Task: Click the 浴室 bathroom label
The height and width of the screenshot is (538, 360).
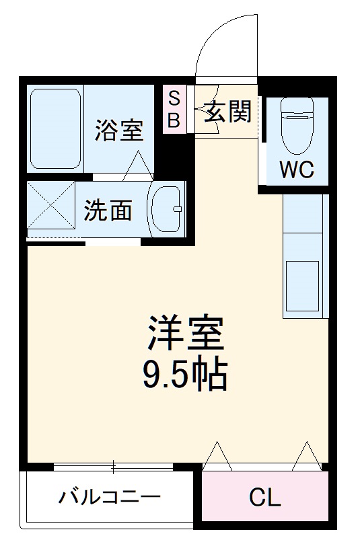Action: (119, 130)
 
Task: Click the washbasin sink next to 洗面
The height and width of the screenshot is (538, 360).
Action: (166, 209)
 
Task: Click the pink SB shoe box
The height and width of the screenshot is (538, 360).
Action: (174, 109)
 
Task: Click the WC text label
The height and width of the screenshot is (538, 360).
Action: (297, 169)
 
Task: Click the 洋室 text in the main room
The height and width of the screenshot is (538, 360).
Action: (184, 332)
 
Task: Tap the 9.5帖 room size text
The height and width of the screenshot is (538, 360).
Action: (184, 375)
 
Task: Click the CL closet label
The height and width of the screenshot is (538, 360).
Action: (265, 498)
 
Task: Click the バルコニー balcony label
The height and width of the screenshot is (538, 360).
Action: (109, 498)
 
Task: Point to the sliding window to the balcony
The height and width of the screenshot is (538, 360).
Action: (115, 465)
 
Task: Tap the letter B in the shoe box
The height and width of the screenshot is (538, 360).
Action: (174, 120)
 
